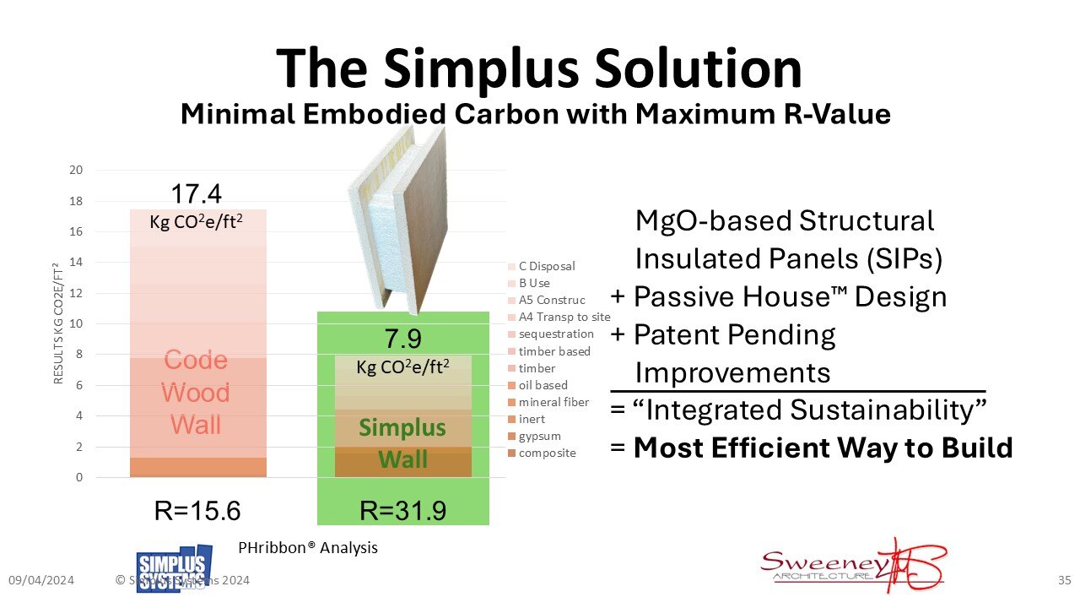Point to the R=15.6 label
197,511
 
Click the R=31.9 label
402,511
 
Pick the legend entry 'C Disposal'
546,266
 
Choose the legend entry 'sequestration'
555,334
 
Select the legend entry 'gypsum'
539,436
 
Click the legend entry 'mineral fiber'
553,402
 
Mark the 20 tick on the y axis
76,170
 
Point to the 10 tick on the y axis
76,324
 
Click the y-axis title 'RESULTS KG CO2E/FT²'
58,323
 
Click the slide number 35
1064,580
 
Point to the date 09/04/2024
41,580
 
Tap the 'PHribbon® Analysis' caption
308,547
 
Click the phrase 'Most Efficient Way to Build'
823,447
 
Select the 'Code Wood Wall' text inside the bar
196,393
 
